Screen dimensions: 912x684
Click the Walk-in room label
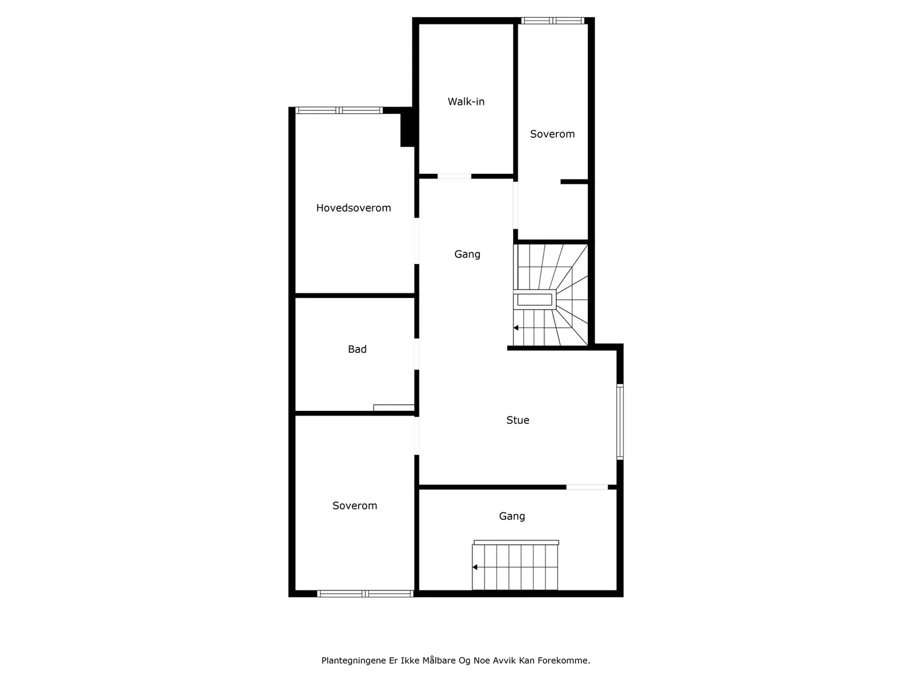click(x=466, y=102)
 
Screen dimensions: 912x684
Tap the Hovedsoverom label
click(x=353, y=207)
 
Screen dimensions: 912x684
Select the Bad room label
click(x=357, y=349)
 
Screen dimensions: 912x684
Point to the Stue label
click(x=518, y=420)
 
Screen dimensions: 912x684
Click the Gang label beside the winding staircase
click(x=467, y=255)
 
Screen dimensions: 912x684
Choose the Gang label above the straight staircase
click(x=512, y=516)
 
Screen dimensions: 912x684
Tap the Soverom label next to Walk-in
click(x=552, y=134)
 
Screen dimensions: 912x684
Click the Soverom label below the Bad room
click(x=355, y=506)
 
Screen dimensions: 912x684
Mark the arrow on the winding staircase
click(x=516, y=328)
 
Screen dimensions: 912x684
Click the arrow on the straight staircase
click(x=474, y=567)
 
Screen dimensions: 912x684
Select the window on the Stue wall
click(x=620, y=422)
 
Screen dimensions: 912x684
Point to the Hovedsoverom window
click(x=339, y=111)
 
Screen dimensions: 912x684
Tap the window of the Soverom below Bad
click(x=365, y=594)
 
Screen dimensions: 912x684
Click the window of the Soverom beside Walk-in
click(x=552, y=21)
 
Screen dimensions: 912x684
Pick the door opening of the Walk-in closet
click(x=454, y=177)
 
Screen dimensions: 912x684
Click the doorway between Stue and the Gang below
click(x=587, y=487)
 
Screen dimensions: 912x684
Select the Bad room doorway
click(x=417, y=354)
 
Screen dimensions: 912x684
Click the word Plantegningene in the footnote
click(x=354, y=661)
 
